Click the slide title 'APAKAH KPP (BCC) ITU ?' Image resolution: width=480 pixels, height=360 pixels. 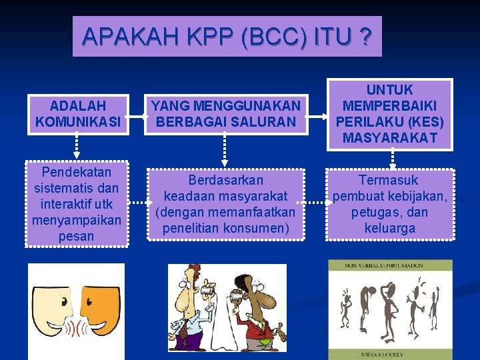[227, 37]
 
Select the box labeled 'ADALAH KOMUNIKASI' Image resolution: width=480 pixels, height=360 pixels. [77, 114]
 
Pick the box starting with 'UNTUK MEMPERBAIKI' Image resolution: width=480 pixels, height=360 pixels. [390, 114]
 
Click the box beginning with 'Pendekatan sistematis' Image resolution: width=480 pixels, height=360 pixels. [77, 204]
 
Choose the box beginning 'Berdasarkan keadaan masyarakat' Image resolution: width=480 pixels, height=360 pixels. [225, 204]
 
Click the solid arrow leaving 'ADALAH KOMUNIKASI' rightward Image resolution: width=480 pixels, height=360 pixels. [137, 114]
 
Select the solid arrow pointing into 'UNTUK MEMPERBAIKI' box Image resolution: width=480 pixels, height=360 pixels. [319, 114]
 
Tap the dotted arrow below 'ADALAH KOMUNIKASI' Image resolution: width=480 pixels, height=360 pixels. [77, 147]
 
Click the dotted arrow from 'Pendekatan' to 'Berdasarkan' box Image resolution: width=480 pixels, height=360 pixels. [138, 203]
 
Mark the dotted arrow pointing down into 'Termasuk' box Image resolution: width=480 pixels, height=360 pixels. [392, 159]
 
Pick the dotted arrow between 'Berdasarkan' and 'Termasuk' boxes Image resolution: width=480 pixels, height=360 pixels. [314, 200]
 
